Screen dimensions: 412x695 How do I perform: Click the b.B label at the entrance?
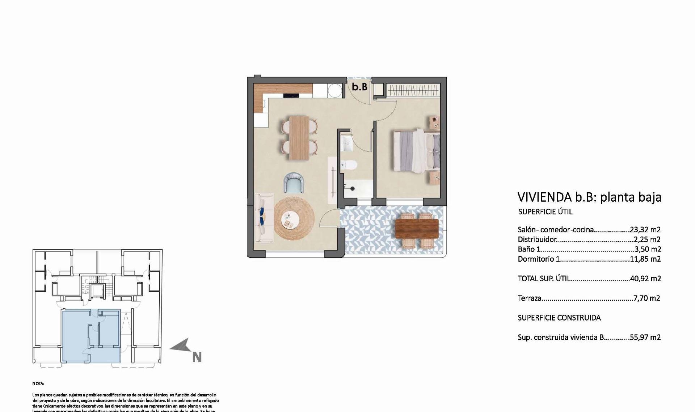[x=359, y=87]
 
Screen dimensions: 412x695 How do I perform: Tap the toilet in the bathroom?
[x=349, y=165]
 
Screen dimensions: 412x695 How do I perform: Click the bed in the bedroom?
[x=416, y=151]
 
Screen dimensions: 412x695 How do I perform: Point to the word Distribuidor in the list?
[x=537, y=239]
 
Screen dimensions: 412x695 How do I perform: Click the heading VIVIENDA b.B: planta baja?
[x=589, y=197]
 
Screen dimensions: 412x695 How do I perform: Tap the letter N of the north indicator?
[x=197, y=357]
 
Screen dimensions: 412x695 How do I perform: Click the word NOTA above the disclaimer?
[x=38, y=384]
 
